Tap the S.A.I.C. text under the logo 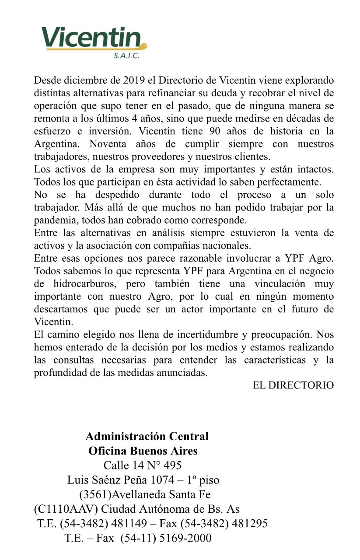(126, 56)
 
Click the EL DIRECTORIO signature (293, 385)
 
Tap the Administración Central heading (147, 436)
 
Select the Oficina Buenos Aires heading (143, 451)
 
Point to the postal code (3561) (93, 495)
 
